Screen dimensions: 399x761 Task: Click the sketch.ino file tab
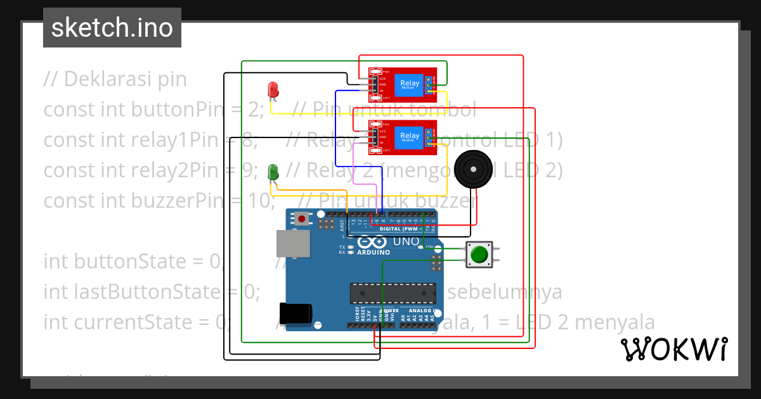(x=112, y=28)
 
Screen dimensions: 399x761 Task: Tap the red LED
(x=273, y=89)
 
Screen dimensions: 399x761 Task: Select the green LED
(x=273, y=171)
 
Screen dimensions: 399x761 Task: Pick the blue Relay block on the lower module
(x=409, y=136)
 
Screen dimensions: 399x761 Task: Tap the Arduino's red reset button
(x=302, y=220)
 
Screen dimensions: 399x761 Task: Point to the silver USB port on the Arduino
(x=293, y=244)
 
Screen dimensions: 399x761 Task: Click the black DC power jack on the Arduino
(x=296, y=313)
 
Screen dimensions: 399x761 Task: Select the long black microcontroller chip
(x=393, y=293)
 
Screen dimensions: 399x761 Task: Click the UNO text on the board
(x=406, y=241)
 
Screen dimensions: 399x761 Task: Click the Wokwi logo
(x=673, y=350)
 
